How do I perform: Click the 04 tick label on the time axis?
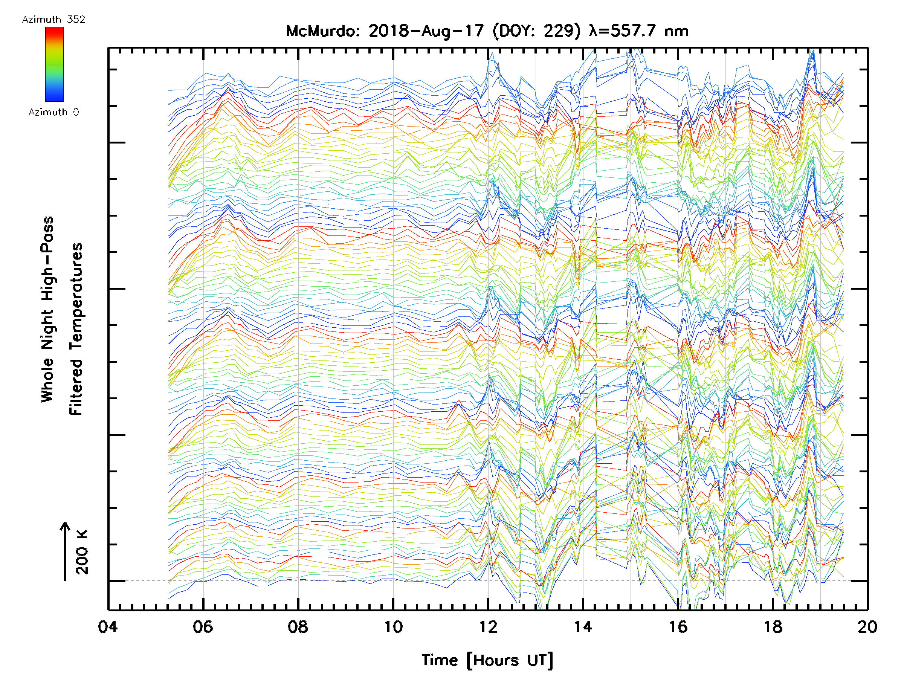(x=108, y=626)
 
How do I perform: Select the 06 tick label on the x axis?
(x=203, y=626)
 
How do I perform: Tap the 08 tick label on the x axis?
(x=298, y=626)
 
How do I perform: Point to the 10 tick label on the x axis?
(x=393, y=626)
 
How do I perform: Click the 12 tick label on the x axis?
(x=488, y=626)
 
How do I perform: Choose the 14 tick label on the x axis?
(x=583, y=626)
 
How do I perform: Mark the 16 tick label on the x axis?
(x=678, y=626)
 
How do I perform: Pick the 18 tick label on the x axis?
(x=773, y=626)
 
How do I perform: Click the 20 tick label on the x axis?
(x=867, y=626)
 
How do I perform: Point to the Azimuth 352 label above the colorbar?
(x=53, y=20)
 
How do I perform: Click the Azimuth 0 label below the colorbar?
(x=53, y=112)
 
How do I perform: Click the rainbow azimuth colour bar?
(x=54, y=64)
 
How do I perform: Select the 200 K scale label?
(x=82, y=552)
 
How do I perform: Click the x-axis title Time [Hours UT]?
(x=487, y=660)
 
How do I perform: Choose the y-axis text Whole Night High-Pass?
(x=47, y=309)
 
